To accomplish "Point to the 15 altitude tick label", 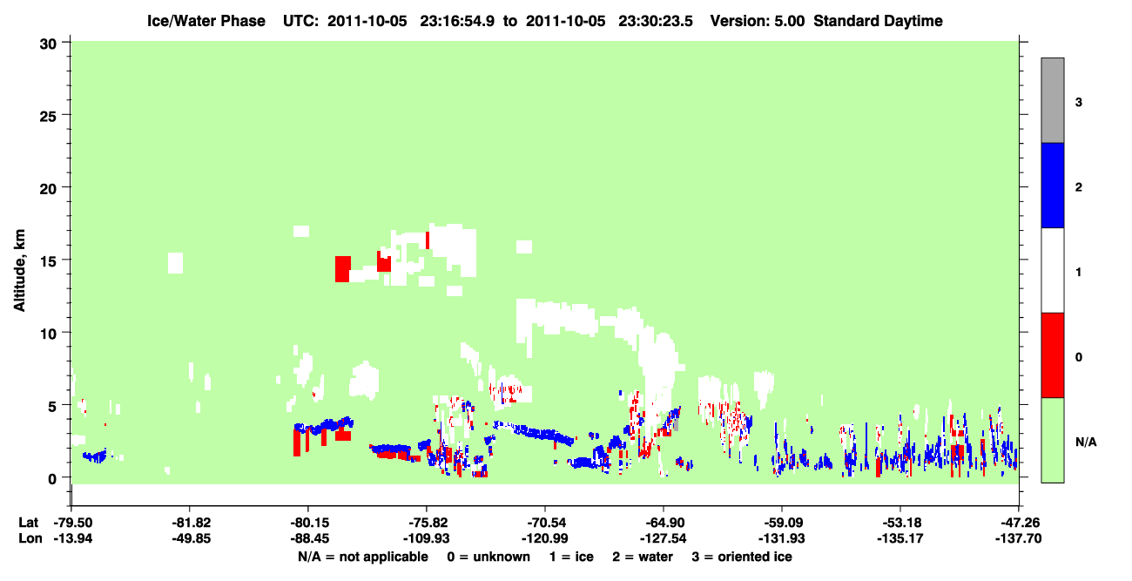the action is [x=48, y=262].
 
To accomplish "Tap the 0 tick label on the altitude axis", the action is [x=52, y=479].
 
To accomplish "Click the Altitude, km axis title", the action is [x=19, y=271].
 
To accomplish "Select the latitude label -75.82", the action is [x=427, y=523].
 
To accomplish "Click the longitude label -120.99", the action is [x=545, y=538].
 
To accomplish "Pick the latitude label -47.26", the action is [x=1018, y=523].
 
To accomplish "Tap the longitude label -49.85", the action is [x=191, y=538].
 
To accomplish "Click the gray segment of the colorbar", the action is [x=1052, y=100].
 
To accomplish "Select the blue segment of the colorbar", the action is [x=1052, y=185].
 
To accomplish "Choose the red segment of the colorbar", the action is [x=1052, y=355].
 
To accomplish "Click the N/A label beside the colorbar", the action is [x=1086, y=443].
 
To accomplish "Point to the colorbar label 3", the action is [x=1078, y=103].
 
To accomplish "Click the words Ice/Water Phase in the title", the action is [x=206, y=21].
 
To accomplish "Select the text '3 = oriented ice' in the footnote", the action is [x=742, y=557].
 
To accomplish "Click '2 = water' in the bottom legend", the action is [x=643, y=557].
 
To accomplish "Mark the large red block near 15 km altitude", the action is [x=342, y=269].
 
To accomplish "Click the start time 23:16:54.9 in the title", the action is [x=457, y=21].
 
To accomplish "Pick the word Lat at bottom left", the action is [x=28, y=523].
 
